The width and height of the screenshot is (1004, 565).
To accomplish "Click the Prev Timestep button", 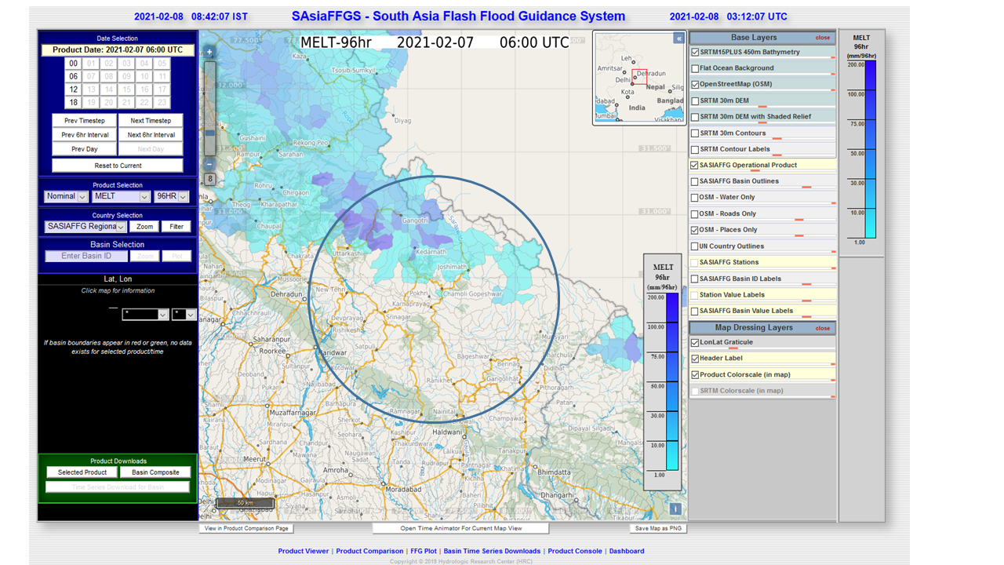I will [85, 121].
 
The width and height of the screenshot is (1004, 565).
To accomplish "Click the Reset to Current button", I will [118, 166].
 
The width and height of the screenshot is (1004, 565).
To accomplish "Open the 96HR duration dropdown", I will [172, 196].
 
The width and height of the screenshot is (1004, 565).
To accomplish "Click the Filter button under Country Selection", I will [176, 227].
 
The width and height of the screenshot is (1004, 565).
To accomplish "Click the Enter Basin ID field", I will [85, 256].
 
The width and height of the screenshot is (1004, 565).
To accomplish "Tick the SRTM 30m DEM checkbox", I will [695, 100].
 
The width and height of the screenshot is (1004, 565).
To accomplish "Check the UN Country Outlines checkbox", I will [695, 246].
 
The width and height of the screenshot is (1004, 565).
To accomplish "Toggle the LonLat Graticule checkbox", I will [695, 343].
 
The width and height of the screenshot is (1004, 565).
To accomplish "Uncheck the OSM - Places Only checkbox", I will [695, 230].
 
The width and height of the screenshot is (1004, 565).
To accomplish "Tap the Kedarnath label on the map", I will [431, 252].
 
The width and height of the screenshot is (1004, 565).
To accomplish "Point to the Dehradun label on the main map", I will [292, 294].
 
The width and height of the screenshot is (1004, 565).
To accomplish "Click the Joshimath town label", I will [452, 267].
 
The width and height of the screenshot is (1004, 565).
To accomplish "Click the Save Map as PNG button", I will [658, 528].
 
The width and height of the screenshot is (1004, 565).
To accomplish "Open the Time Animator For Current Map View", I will [460, 528].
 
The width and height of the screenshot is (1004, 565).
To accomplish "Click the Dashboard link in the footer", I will [626, 551].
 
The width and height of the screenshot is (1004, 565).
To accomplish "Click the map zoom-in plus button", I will [209, 53].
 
